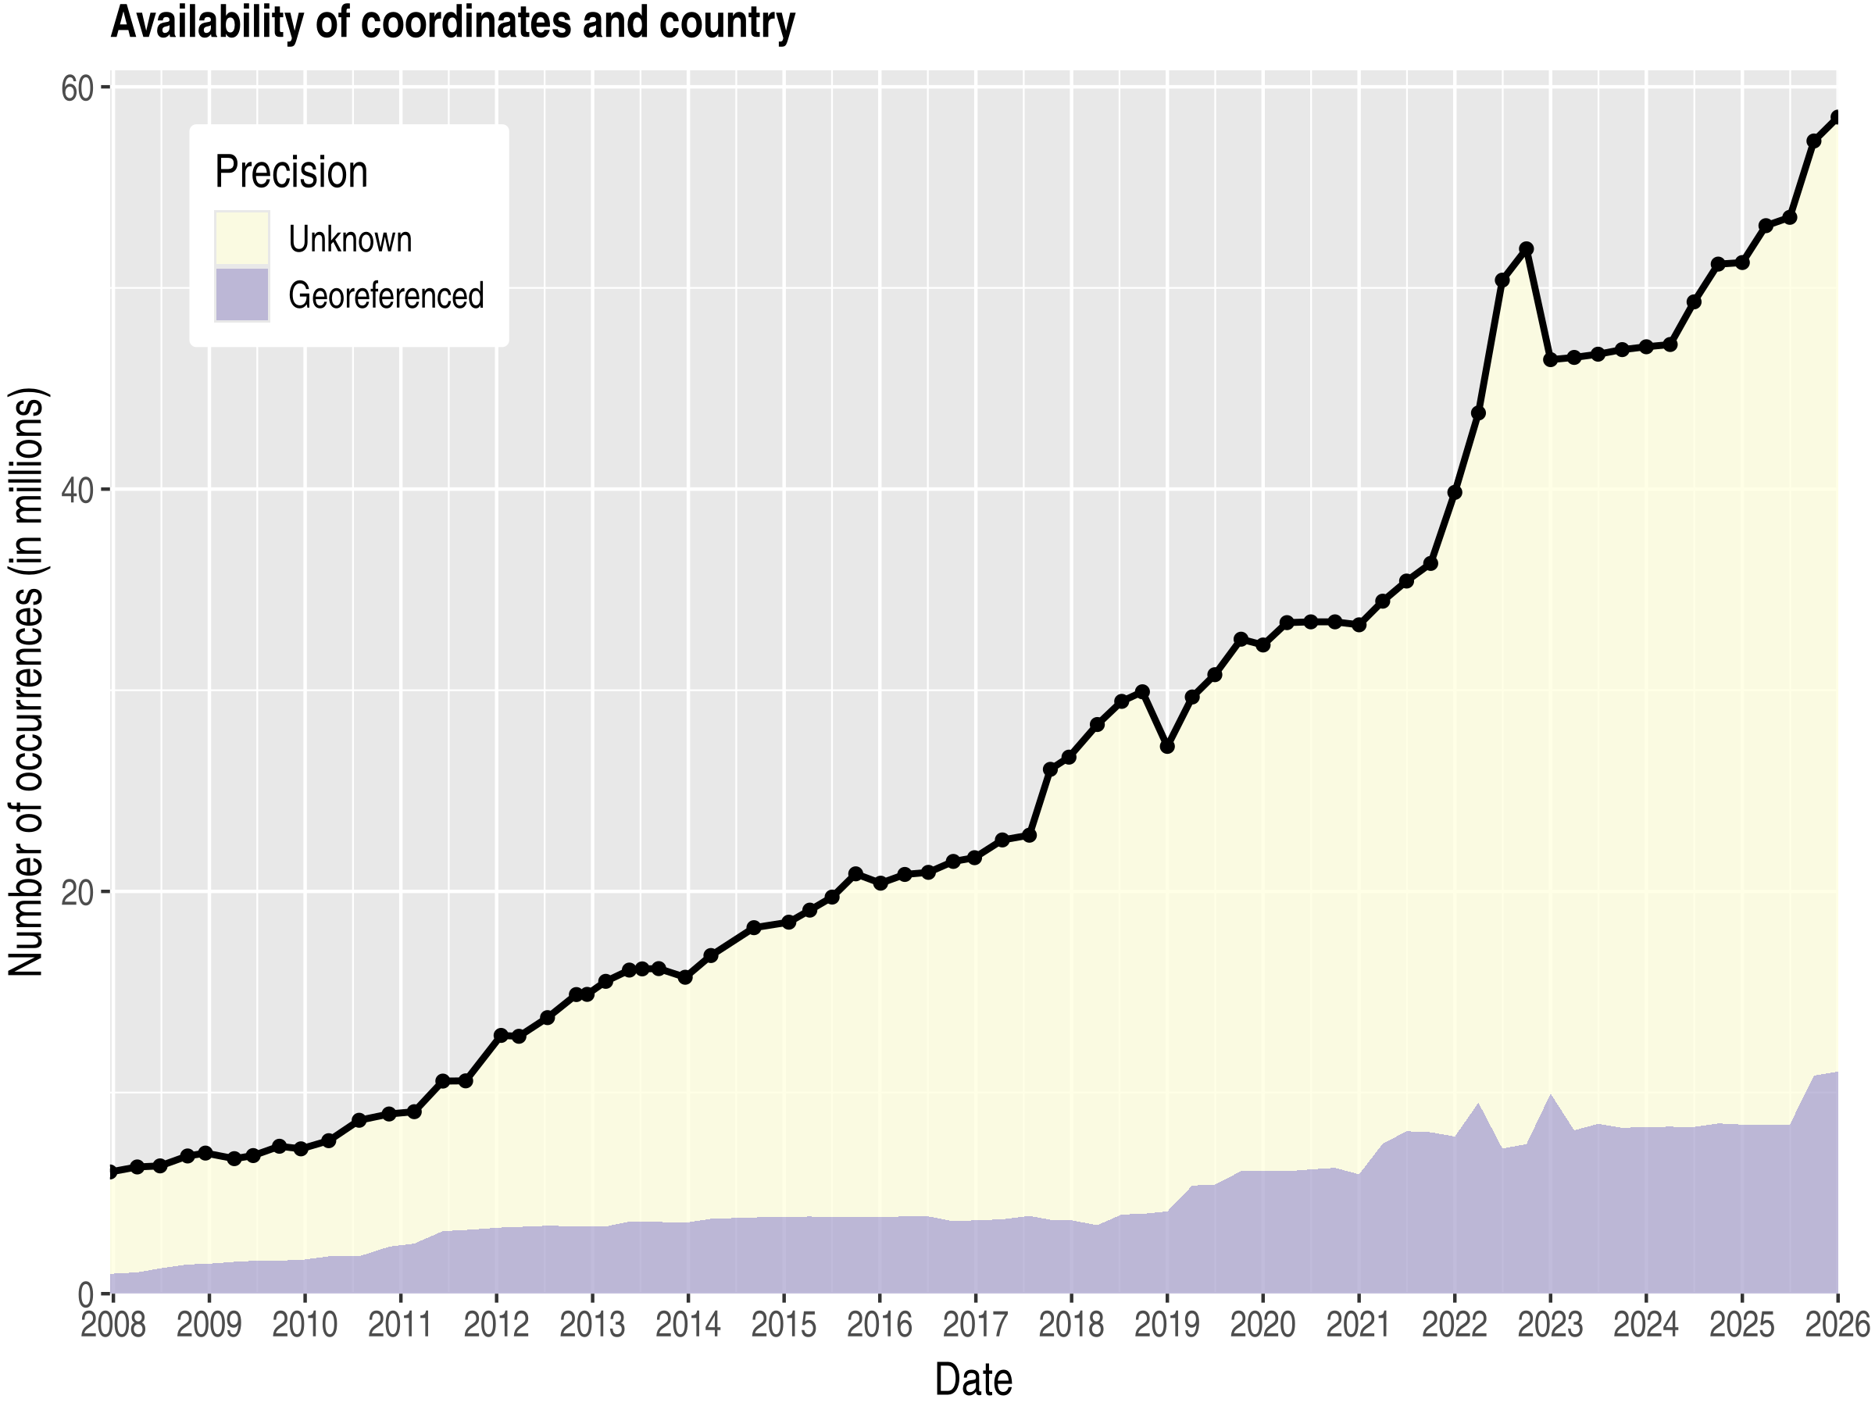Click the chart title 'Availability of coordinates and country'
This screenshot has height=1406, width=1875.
coord(452,23)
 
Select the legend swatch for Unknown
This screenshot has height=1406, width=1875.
coord(241,238)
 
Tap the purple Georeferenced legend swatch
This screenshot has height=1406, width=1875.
coord(241,295)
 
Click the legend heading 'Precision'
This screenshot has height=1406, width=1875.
coord(291,172)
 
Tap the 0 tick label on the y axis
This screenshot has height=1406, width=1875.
coord(86,1295)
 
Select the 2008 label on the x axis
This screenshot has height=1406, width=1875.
coord(113,1324)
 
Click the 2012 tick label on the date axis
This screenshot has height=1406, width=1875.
coord(496,1324)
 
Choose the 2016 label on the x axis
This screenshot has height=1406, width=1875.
coord(879,1324)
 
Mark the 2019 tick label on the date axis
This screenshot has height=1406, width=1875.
coord(1166,1324)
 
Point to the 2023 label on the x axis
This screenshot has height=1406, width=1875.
coord(1549,1324)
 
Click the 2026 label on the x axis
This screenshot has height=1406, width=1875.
coord(1836,1324)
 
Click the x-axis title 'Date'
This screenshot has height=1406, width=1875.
coord(973,1379)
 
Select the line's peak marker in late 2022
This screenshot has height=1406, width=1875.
coord(1527,249)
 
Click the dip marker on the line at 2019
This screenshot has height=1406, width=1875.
coord(1167,747)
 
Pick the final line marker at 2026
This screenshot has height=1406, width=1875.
coord(1837,117)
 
